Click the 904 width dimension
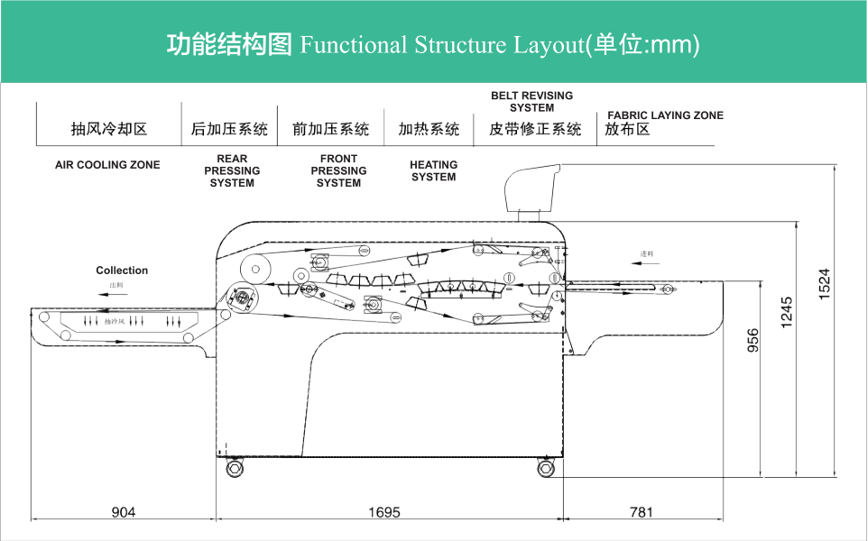pyautogui.click(x=124, y=512)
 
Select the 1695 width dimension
pyautogui.click(x=384, y=512)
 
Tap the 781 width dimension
pyautogui.click(x=641, y=512)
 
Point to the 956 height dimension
pyautogui.click(x=753, y=339)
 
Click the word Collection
pyautogui.click(x=122, y=270)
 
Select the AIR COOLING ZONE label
pyautogui.click(x=107, y=165)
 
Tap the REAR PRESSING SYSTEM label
pyautogui.click(x=232, y=170)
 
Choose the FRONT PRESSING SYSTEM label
pyautogui.click(x=338, y=170)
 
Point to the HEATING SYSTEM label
pyautogui.click(x=434, y=170)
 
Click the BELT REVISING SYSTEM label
pyautogui.click(x=531, y=101)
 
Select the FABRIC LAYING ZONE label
pyautogui.click(x=665, y=115)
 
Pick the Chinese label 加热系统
pyautogui.click(x=429, y=129)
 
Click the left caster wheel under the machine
pyautogui.click(x=235, y=469)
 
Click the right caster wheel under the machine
pyautogui.click(x=545, y=469)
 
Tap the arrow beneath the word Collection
pyautogui.click(x=115, y=293)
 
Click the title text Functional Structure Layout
pyautogui.click(x=442, y=44)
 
